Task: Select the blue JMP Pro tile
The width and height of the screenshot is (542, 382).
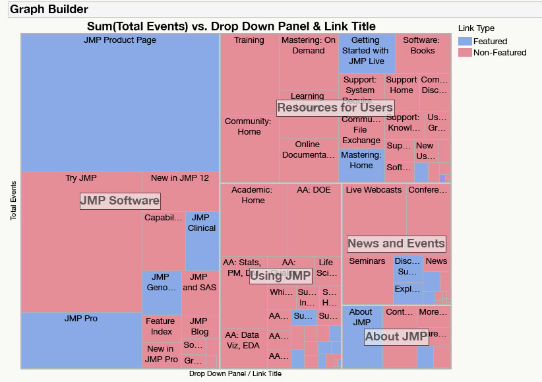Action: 81,340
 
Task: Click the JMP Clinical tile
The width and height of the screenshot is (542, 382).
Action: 202,241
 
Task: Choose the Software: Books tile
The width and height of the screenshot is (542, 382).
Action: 423,53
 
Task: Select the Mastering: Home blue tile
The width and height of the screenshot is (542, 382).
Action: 361,165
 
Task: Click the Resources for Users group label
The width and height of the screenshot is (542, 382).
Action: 335,108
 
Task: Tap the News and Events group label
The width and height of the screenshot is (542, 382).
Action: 396,243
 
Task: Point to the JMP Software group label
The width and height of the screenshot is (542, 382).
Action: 119,201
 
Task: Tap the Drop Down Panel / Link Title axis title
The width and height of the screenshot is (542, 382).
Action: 235,374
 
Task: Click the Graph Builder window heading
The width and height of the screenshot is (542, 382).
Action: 49,9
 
